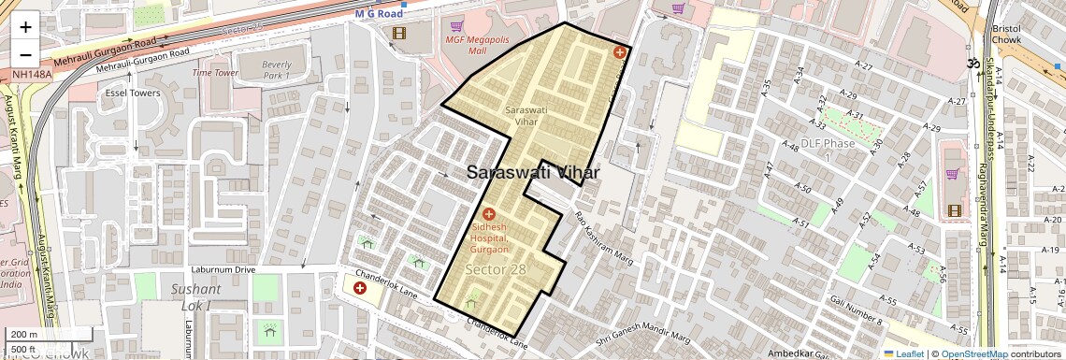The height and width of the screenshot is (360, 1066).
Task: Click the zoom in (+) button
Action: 25,27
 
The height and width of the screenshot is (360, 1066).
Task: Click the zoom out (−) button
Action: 25,55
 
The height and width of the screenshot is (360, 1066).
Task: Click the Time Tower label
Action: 215,72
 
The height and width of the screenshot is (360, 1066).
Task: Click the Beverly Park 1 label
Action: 277,69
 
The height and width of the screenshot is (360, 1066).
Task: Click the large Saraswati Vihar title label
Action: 532,172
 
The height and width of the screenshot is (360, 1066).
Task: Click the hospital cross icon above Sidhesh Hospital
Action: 488,215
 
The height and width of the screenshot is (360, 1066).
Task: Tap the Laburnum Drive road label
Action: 223,269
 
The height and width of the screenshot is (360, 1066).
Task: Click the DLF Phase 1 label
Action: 826,149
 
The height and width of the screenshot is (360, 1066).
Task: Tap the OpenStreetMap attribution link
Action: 973,353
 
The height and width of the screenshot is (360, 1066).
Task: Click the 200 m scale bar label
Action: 25,335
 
